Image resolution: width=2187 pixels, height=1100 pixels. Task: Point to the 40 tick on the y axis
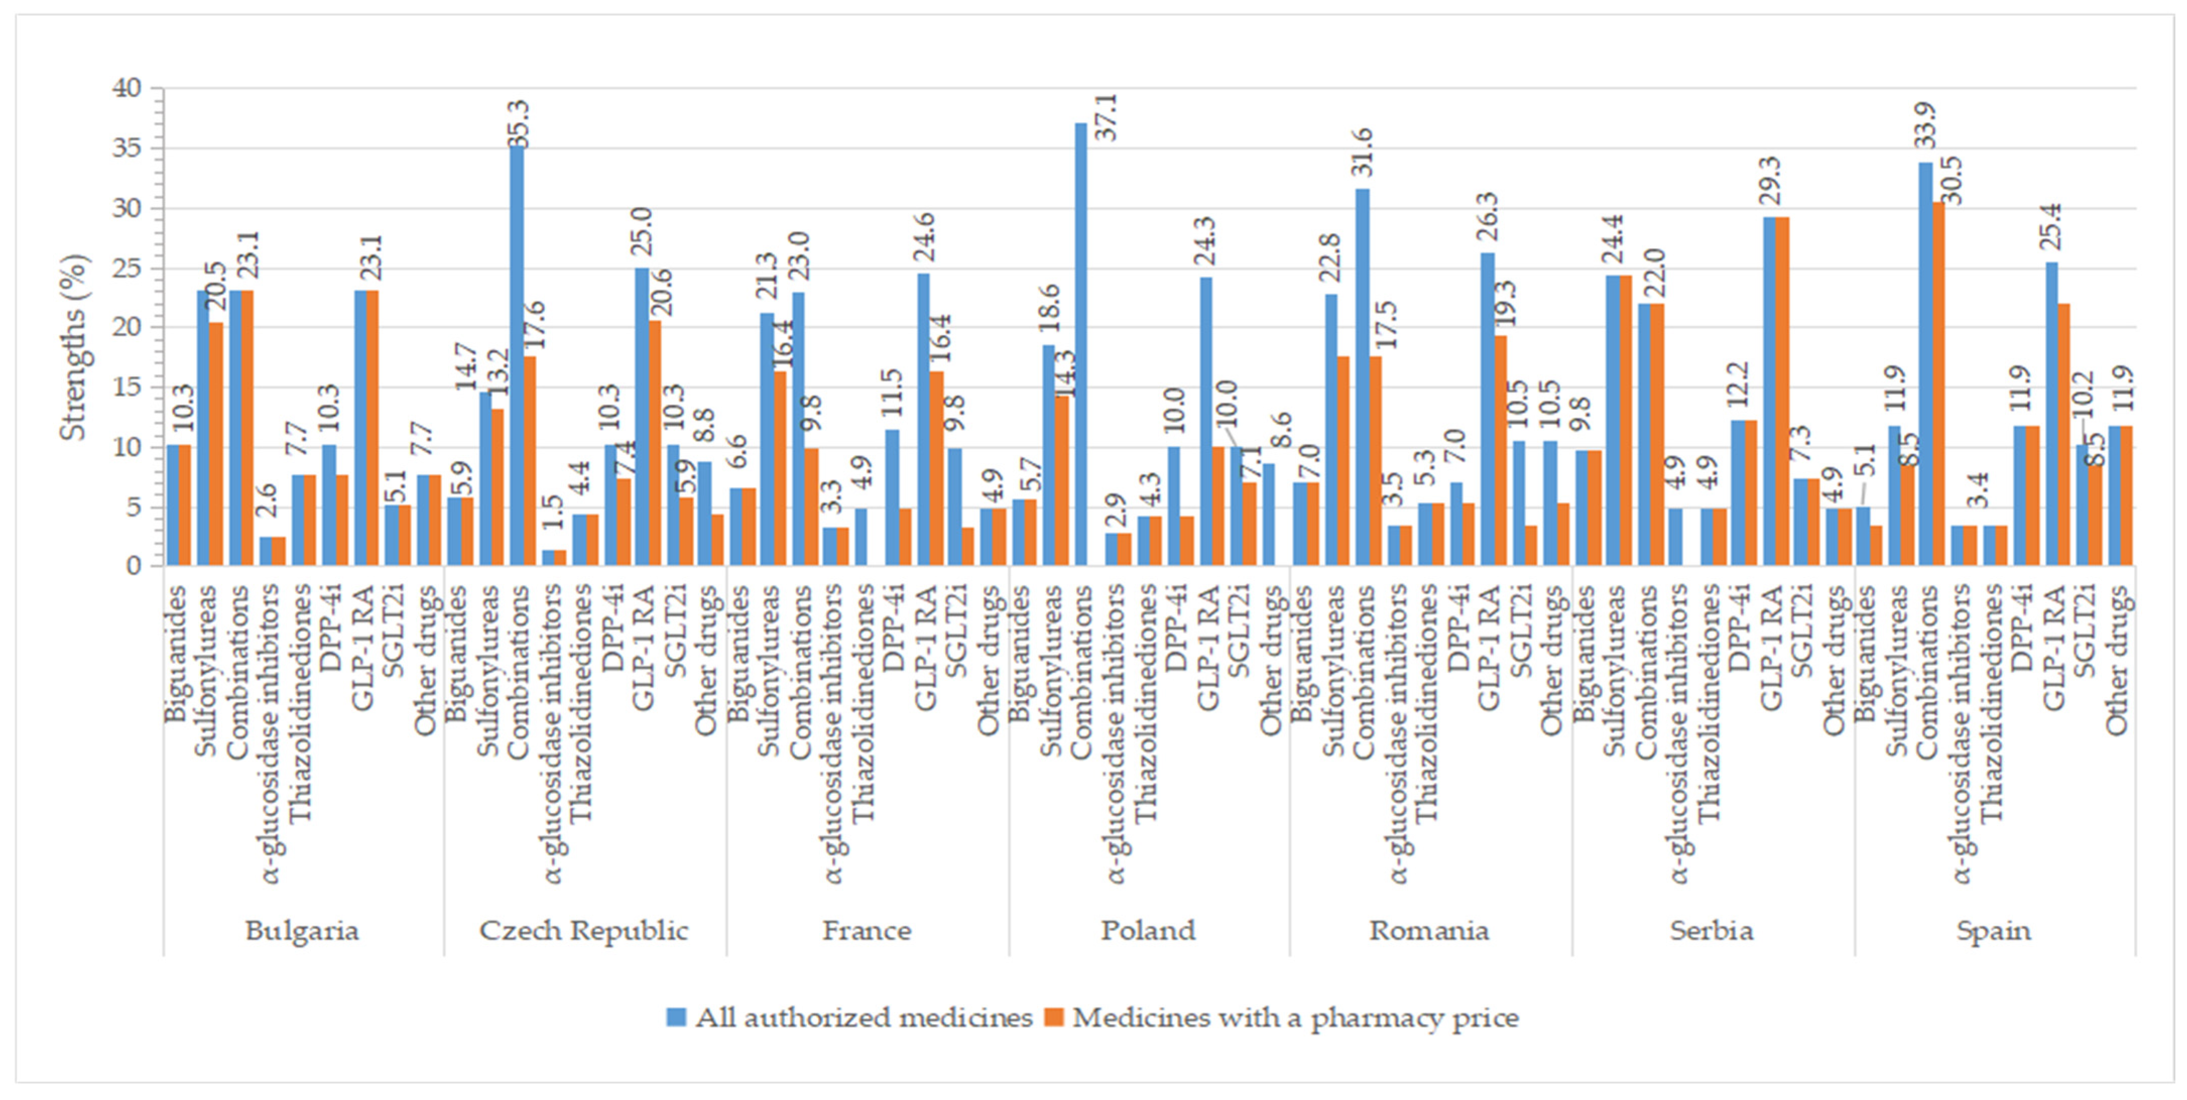click(x=128, y=88)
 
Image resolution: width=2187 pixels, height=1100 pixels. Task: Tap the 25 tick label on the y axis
click(x=128, y=268)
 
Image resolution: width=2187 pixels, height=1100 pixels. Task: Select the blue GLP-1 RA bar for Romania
click(x=1487, y=408)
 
